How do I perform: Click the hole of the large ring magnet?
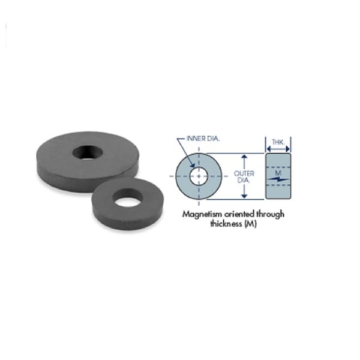(88, 152)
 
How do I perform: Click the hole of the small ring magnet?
(128, 199)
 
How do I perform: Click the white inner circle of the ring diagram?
(199, 176)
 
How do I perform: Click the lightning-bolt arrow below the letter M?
(277, 179)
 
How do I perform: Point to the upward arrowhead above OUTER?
(244, 157)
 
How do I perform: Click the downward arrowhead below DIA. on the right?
(244, 195)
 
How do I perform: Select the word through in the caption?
(269, 214)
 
